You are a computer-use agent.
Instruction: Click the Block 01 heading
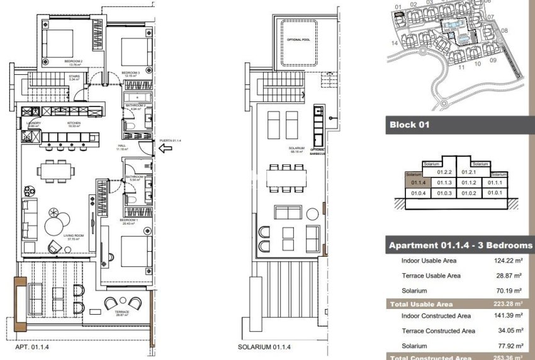pos(410,125)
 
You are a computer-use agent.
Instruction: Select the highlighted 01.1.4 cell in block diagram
pos(418,183)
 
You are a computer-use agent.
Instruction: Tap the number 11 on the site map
pos(461,67)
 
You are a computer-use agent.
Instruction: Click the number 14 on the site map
pos(394,43)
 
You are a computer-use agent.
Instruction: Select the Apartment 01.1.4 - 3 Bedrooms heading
pos(460,245)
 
